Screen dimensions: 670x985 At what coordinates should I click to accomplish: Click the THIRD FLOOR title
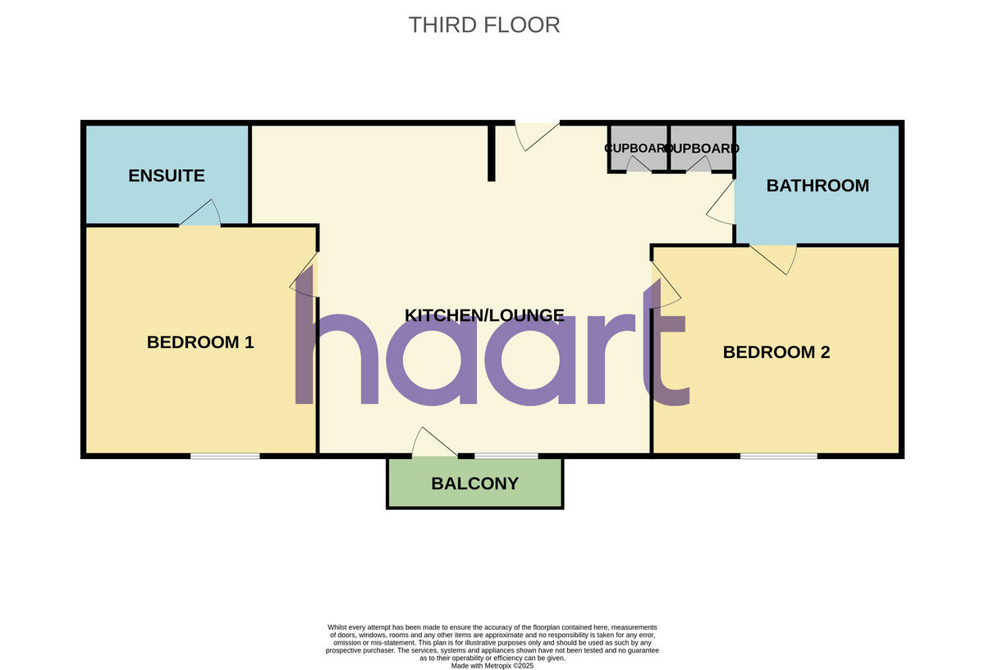pyautogui.click(x=484, y=25)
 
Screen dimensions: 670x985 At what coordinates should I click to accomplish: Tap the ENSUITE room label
pyautogui.click(x=167, y=176)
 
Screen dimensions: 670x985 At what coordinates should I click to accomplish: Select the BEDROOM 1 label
pyautogui.click(x=200, y=342)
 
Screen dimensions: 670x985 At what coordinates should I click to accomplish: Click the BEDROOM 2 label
pyautogui.click(x=776, y=352)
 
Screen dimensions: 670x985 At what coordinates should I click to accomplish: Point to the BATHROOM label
pyautogui.click(x=818, y=186)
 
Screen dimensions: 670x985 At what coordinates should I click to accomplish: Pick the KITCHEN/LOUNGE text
pyautogui.click(x=484, y=315)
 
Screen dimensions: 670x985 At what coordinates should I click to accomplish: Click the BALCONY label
pyautogui.click(x=474, y=484)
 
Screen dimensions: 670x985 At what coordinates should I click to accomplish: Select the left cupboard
pyautogui.click(x=638, y=149)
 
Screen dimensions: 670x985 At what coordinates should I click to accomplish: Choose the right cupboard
pyautogui.click(x=702, y=149)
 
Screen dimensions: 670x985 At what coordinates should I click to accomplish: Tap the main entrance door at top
pyautogui.click(x=535, y=135)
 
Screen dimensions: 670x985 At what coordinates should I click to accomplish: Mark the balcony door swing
pyautogui.click(x=432, y=443)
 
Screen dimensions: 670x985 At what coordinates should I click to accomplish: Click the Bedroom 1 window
pyautogui.click(x=225, y=455)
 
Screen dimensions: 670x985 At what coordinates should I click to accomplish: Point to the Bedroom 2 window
pyautogui.click(x=778, y=455)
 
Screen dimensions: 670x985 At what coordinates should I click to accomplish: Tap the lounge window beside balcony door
pyautogui.click(x=506, y=455)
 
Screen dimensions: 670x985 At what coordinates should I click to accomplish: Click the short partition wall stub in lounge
pyautogui.click(x=491, y=152)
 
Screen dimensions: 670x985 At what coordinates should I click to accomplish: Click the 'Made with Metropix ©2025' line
pyautogui.click(x=492, y=666)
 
